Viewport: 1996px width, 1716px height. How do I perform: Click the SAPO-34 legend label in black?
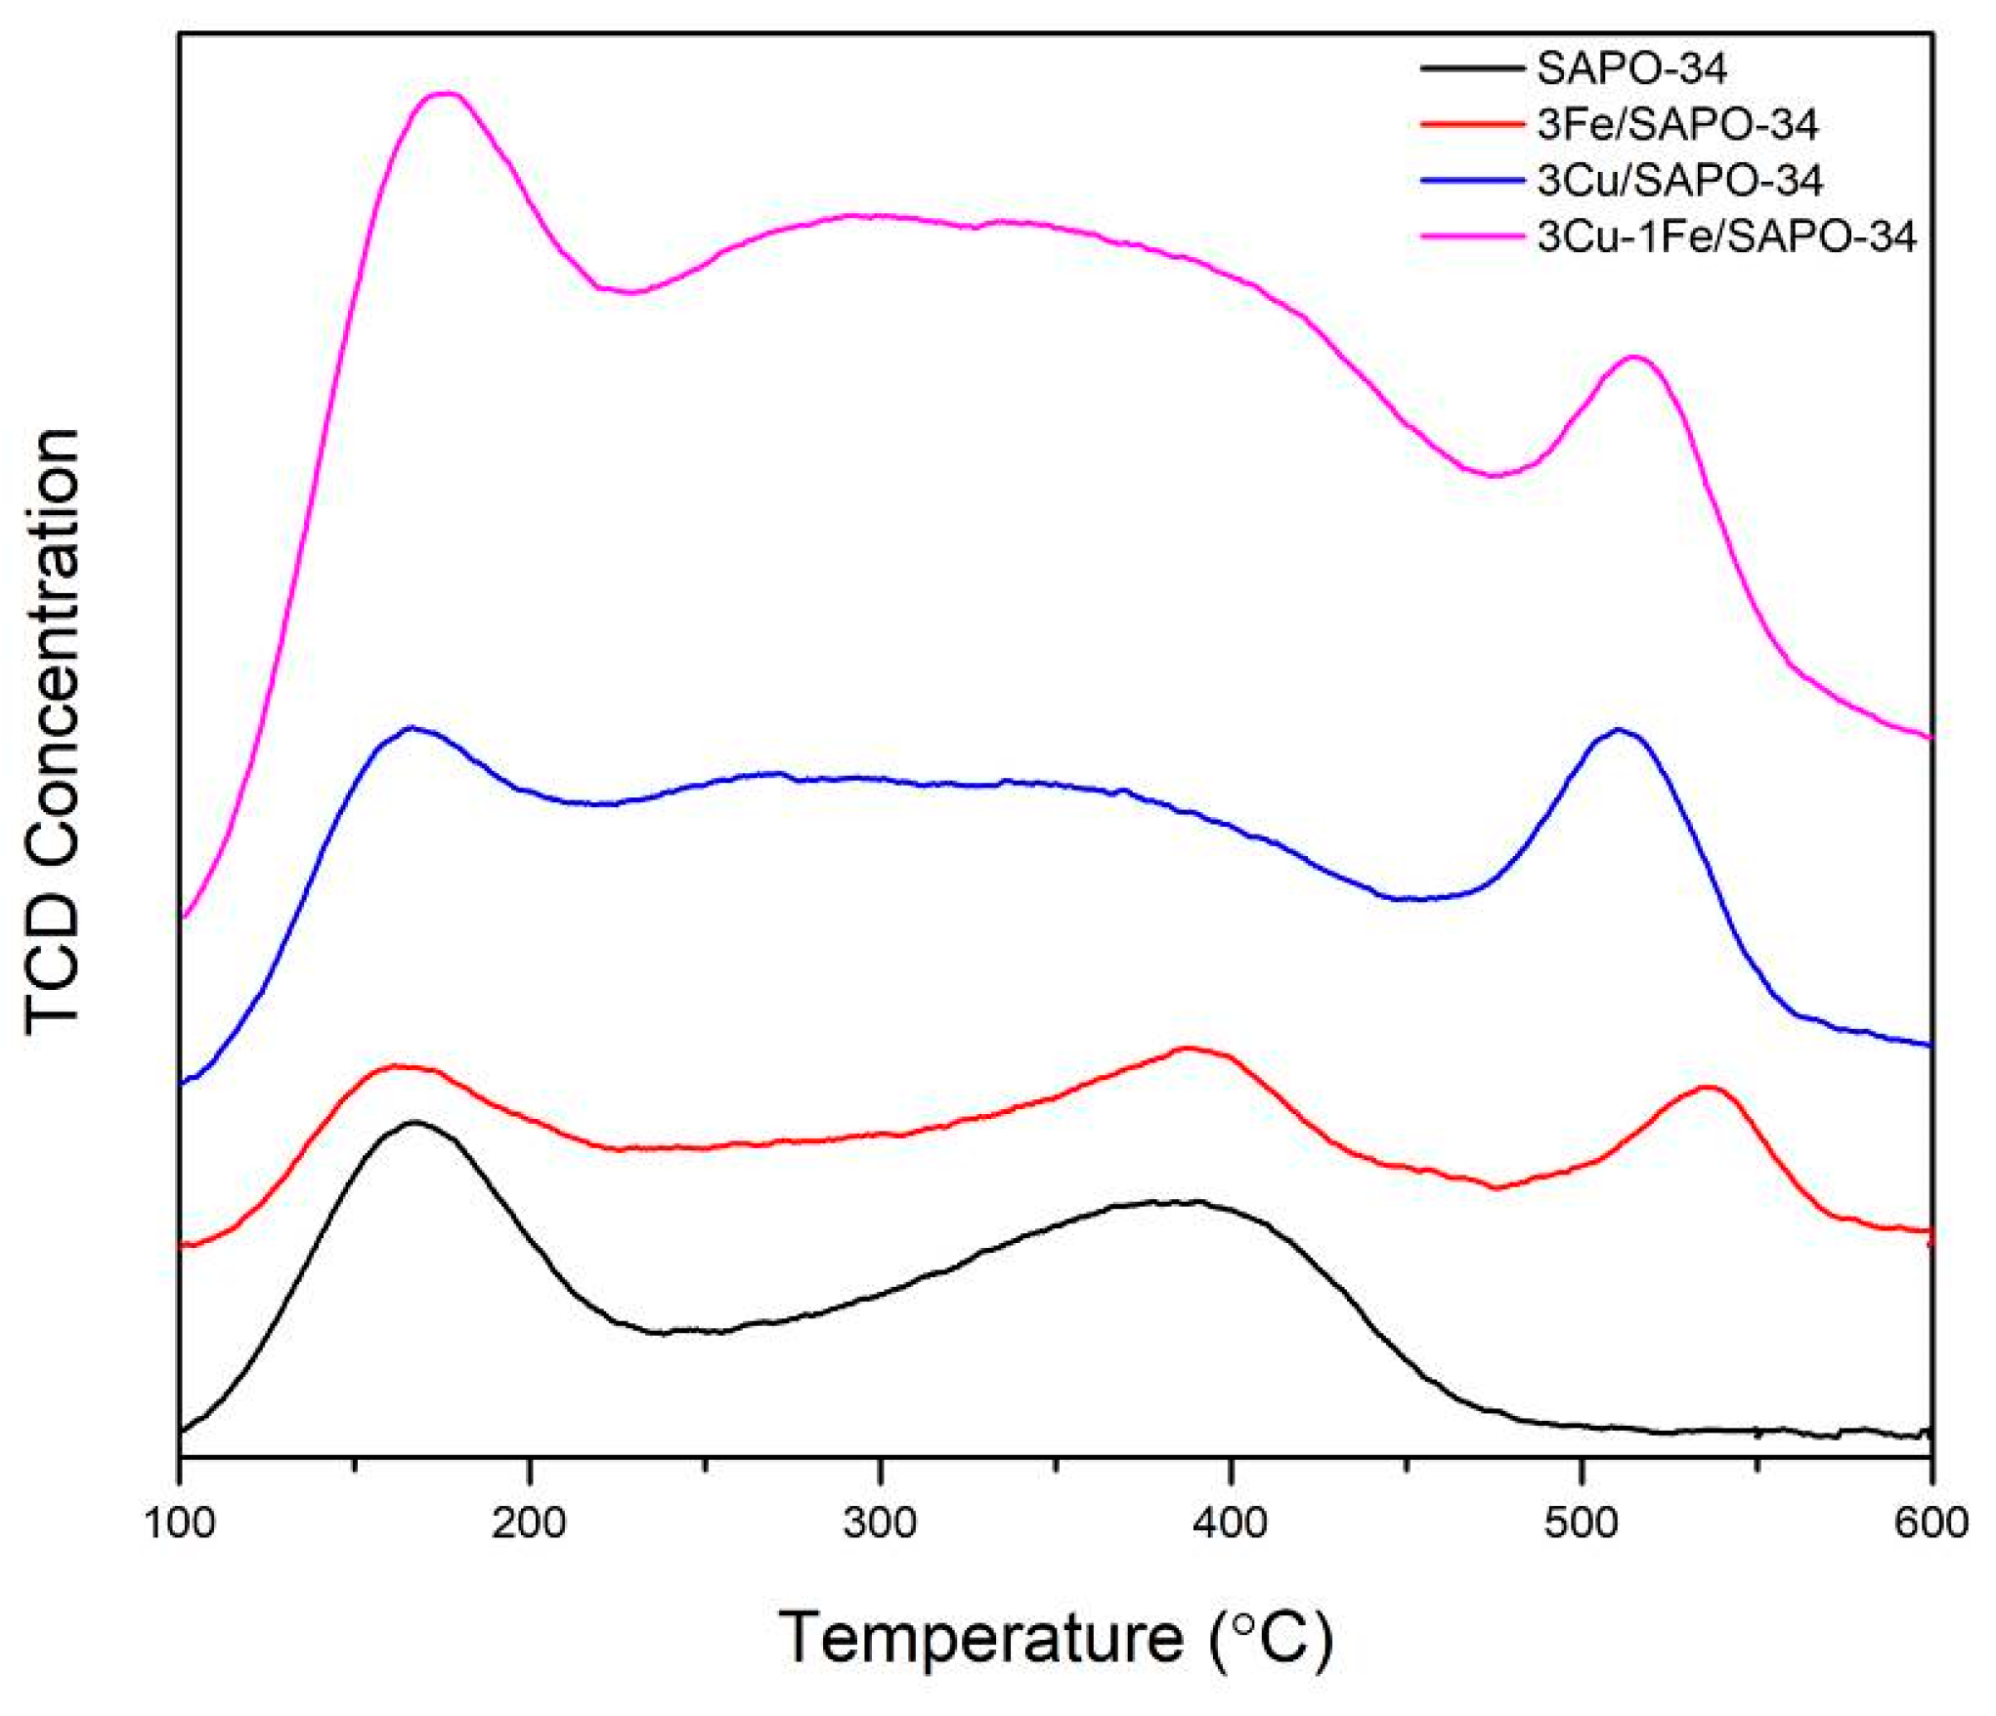click(x=1631, y=68)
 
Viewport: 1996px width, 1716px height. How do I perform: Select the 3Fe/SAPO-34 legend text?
click(x=1677, y=124)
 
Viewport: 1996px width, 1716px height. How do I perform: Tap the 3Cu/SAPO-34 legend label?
click(x=1679, y=181)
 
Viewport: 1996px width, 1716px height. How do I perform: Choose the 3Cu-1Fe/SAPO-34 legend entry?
click(x=1726, y=236)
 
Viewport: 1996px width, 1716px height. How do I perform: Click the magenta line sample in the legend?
click(x=1471, y=236)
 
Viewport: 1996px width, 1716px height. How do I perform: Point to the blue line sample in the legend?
click(x=1471, y=181)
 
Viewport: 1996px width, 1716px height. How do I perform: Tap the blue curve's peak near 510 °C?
click(x=1619, y=729)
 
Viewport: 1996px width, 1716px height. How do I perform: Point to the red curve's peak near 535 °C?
click(x=1707, y=1087)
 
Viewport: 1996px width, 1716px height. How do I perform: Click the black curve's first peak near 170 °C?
click(x=415, y=1122)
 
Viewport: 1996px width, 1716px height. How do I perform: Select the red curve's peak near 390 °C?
click(x=1187, y=1048)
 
